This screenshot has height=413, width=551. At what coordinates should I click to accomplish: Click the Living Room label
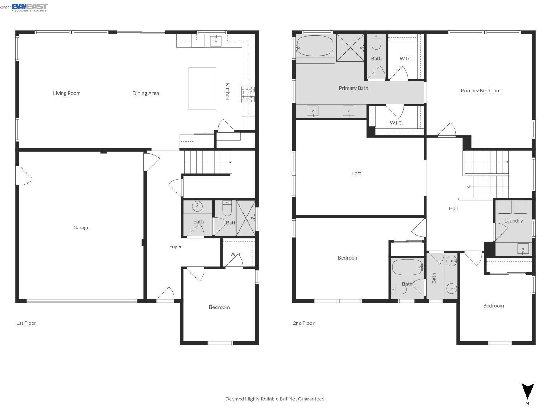(x=67, y=93)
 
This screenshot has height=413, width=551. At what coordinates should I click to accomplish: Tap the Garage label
(x=81, y=228)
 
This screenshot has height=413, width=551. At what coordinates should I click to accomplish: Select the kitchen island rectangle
(x=202, y=89)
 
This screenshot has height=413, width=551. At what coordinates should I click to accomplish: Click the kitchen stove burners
(x=248, y=94)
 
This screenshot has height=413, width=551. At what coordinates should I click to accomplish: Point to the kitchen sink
(x=216, y=41)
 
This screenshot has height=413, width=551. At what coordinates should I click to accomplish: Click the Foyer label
(x=175, y=247)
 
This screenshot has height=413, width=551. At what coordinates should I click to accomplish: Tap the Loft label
(x=356, y=174)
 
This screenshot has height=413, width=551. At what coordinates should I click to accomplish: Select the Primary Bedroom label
(x=480, y=91)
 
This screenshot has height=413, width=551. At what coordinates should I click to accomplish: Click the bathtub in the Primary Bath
(x=315, y=46)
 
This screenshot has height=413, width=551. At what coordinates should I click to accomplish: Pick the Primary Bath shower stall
(x=350, y=48)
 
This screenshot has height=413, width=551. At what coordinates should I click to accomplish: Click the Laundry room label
(x=513, y=221)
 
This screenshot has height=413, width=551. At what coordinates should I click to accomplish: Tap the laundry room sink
(x=523, y=249)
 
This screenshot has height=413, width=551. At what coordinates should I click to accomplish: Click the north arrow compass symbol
(x=527, y=391)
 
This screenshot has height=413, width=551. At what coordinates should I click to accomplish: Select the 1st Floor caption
(x=26, y=323)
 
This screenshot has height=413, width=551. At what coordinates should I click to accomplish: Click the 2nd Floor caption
(x=303, y=323)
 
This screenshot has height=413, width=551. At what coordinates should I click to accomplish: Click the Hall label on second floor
(x=453, y=208)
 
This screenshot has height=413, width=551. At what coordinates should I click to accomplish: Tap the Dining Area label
(x=145, y=93)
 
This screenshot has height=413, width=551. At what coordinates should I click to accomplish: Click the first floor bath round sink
(x=197, y=206)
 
